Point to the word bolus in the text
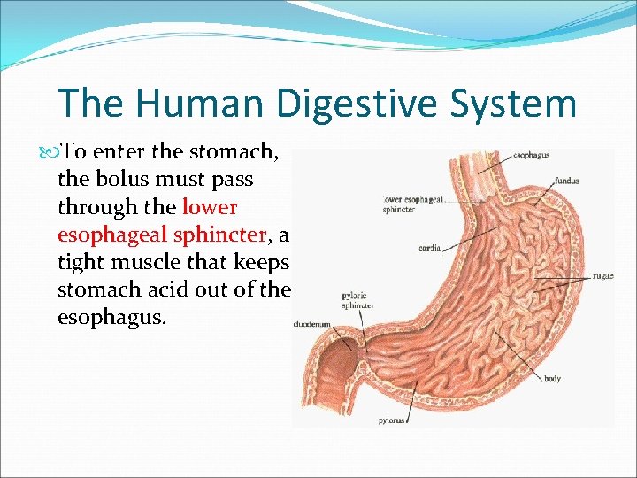point(127,180)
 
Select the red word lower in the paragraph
point(210,208)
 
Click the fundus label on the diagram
point(567,181)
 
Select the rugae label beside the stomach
point(603,276)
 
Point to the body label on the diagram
point(552,379)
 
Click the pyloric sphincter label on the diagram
point(357,300)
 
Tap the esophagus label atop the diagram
point(531,156)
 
